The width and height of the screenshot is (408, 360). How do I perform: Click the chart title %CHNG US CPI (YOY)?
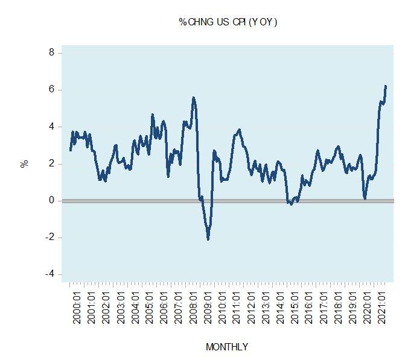click(x=228, y=22)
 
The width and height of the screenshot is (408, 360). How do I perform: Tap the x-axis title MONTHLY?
click(x=226, y=347)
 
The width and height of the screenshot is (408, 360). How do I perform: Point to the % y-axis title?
click(x=25, y=163)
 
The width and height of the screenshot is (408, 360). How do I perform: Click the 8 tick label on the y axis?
click(x=51, y=53)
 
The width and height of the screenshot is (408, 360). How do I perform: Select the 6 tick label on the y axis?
click(x=51, y=90)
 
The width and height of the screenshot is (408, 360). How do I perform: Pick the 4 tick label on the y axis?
click(x=51, y=127)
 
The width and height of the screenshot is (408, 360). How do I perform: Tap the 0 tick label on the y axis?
click(x=51, y=200)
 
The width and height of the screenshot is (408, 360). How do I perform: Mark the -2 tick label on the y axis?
click(x=49, y=237)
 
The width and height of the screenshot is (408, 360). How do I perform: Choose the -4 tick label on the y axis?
click(x=49, y=274)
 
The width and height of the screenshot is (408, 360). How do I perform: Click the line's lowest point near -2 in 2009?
click(x=208, y=239)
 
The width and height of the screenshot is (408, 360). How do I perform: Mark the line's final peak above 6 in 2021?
click(x=385, y=86)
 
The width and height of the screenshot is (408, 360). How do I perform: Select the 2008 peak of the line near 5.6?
click(x=193, y=98)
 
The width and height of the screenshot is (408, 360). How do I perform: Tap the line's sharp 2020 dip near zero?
click(x=365, y=198)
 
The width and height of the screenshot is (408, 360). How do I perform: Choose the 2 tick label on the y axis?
click(x=51, y=163)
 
